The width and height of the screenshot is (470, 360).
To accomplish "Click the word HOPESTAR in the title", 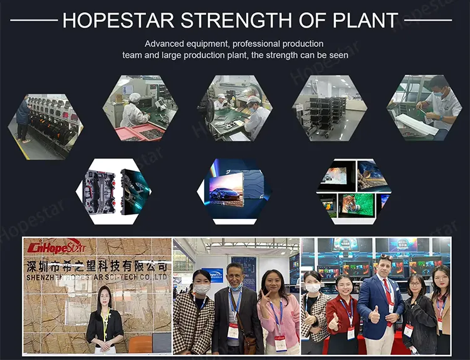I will [x=118, y=20].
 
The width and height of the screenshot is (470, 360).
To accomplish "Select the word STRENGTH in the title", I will [x=236, y=20].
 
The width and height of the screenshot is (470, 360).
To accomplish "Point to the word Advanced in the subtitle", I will [x=165, y=44].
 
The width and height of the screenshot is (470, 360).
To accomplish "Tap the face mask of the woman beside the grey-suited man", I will [x=201, y=289].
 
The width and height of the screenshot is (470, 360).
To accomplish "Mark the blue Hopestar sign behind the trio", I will [x=213, y=275].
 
